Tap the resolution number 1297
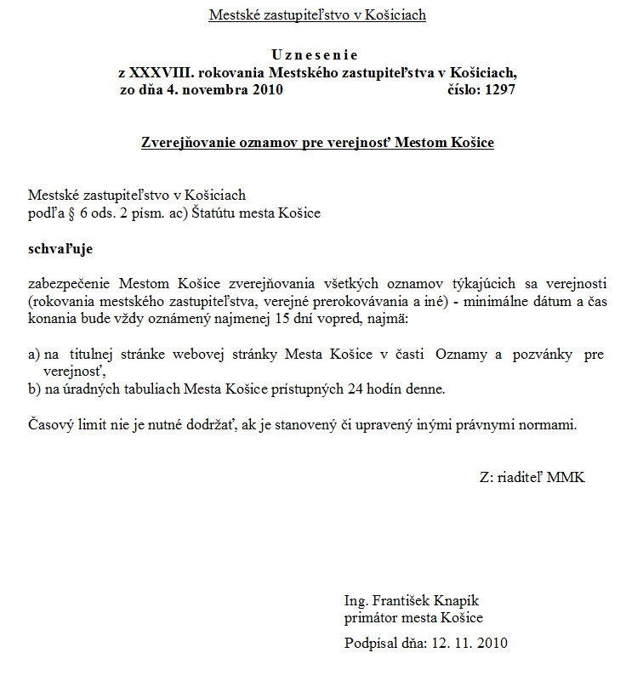pyautogui.click(x=499, y=89)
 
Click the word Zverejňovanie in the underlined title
pyautogui.click(x=187, y=142)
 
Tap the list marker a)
pyautogui.click(x=35, y=354)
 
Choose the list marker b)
pyautogui.click(x=35, y=389)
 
